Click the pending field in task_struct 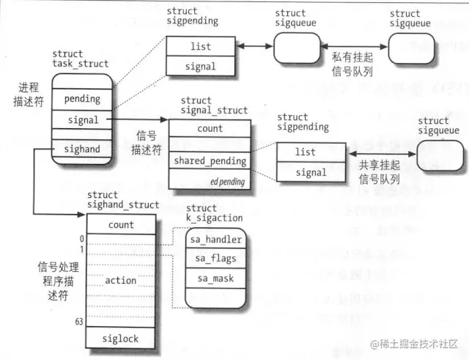[82, 98]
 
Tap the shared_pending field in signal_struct [210, 161]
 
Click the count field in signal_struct [210, 128]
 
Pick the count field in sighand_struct [121, 225]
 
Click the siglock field [121, 339]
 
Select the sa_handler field [216, 239]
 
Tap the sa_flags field [216, 259]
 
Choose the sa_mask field [216, 279]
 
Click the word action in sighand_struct [121, 280]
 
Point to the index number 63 [79, 322]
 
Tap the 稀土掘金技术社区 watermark [414, 343]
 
